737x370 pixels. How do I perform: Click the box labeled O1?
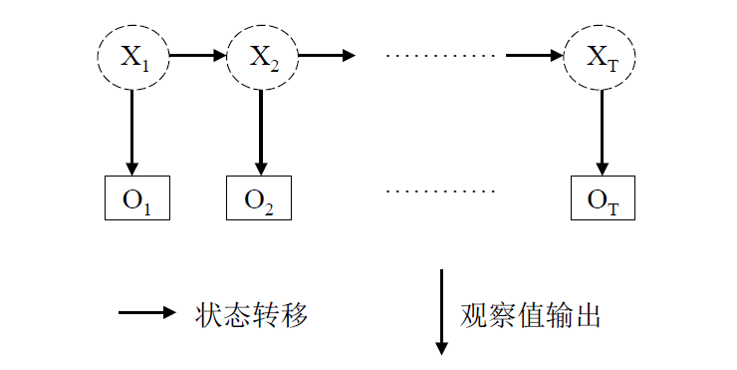[x=137, y=197]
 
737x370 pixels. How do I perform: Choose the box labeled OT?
[x=602, y=197]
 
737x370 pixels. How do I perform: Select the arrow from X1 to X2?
[x=198, y=55]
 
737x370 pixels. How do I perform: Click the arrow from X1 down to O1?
[x=131, y=131]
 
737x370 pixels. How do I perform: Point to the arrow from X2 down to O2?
[x=262, y=131]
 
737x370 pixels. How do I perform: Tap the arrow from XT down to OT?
[x=601, y=131]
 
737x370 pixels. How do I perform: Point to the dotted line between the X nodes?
[x=439, y=56]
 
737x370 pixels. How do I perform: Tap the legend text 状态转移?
[x=252, y=314]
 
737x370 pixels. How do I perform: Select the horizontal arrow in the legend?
[x=147, y=313]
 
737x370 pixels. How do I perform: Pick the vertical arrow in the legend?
[x=441, y=311]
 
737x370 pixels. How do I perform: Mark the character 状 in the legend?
[x=210, y=314]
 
